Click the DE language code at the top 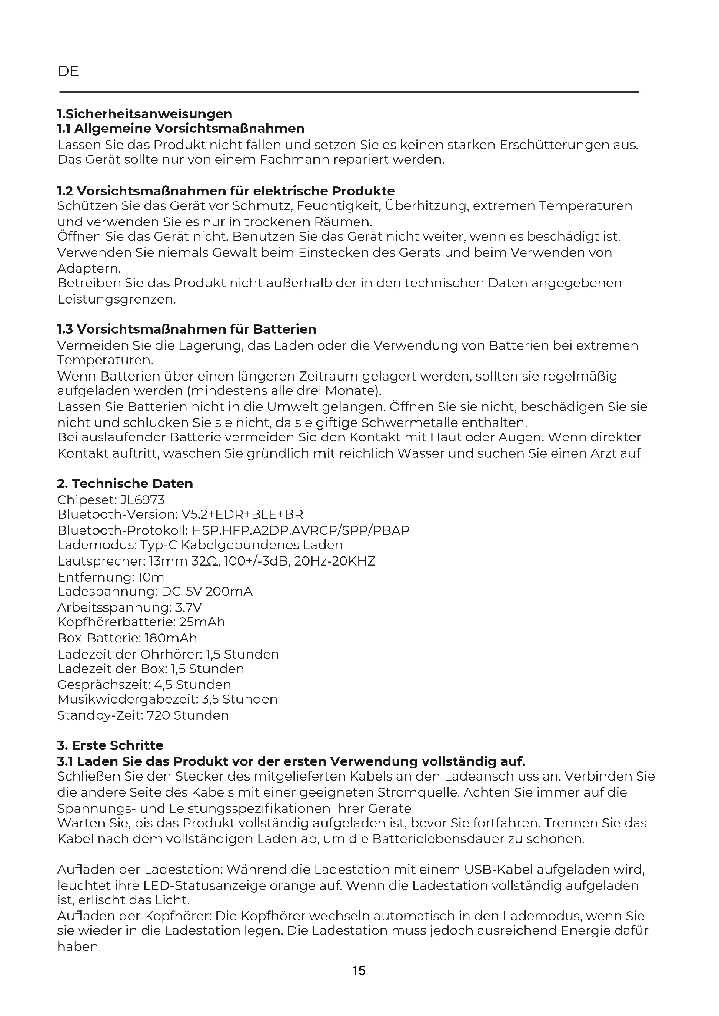click(68, 71)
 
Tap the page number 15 click(359, 970)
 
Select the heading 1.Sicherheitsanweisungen click(144, 114)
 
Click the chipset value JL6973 click(142, 500)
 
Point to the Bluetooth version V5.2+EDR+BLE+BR click(242, 515)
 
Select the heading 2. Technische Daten click(125, 483)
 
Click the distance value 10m click(151, 577)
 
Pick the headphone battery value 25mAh click(202, 622)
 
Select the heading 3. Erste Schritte click(110, 745)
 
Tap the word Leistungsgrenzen click(116, 300)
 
